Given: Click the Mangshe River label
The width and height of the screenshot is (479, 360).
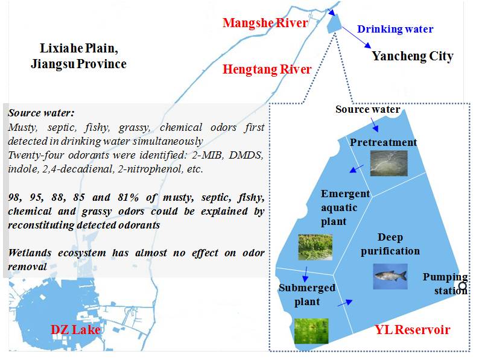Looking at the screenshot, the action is [x=265, y=23].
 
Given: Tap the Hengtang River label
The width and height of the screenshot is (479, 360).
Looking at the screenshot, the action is [x=267, y=69].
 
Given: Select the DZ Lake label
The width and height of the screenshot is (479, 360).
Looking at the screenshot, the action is [x=75, y=330].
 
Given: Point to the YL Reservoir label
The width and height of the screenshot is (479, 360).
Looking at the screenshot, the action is [x=413, y=330].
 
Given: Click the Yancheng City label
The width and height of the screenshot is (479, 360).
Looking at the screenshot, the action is [x=413, y=56].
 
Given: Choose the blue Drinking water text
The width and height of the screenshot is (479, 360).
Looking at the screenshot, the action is [x=395, y=29].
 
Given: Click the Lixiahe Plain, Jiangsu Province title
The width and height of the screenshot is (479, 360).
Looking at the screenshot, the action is [x=78, y=56].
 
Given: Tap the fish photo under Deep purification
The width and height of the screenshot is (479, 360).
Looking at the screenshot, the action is [x=390, y=276].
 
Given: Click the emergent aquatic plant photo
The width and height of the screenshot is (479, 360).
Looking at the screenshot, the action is [x=316, y=247].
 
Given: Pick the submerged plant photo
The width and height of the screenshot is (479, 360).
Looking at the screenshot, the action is [x=311, y=331].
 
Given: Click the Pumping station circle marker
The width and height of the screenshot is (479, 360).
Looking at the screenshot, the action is [x=463, y=286].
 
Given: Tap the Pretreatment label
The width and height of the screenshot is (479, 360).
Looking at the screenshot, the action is [x=384, y=142].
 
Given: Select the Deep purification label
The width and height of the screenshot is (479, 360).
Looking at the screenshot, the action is [x=390, y=244].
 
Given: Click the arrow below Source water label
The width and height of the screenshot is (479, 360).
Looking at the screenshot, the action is [x=374, y=125].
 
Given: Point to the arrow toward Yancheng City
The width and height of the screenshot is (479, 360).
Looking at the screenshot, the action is [x=356, y=37].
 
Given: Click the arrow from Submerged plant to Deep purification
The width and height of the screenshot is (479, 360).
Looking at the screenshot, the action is [x=345, y=303].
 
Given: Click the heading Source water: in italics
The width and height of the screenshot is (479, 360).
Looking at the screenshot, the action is [x=41, y=113].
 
